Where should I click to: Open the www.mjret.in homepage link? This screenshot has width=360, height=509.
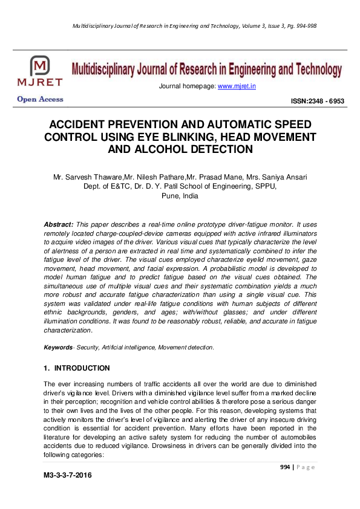pos(237,86)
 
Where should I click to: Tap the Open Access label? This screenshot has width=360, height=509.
pos(40,100)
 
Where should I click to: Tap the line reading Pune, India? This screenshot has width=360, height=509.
pos(180,196)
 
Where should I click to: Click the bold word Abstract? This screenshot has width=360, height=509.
pos(59,224)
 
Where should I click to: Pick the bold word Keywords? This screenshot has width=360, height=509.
pos(58,348)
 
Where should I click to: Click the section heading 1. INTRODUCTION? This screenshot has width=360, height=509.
pos(77,368)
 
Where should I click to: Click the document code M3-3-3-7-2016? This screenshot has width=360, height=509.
pos(67,476)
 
